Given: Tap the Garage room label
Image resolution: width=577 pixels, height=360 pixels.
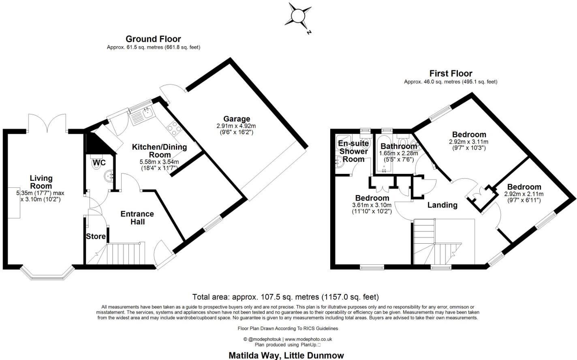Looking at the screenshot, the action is point(237,119).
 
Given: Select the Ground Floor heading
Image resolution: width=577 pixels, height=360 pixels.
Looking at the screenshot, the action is point(153,39).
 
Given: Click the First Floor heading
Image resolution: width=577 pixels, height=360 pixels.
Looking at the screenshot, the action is point(451,73).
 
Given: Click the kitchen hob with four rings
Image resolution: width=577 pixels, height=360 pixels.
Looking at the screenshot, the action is point(174,128).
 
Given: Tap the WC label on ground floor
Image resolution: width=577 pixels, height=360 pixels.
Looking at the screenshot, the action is point(99,163).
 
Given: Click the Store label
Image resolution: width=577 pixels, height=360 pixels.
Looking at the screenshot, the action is point(96,236).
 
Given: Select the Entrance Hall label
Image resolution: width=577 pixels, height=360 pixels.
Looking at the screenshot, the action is point(137,218).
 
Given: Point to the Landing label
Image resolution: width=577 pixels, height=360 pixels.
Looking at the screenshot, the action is point(442,205).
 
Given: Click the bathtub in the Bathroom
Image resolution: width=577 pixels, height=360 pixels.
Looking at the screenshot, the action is point(384,154).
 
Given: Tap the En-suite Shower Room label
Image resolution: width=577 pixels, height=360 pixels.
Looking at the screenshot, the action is point(353,151).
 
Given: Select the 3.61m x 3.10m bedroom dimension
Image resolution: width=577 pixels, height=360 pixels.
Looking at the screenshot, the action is point(372,206).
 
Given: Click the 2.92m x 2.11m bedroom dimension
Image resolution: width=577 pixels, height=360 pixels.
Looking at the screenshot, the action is point(524,194).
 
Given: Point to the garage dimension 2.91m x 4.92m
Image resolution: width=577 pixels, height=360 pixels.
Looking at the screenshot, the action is point(236,126).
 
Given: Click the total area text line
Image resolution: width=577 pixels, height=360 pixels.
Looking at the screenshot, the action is point(286,297).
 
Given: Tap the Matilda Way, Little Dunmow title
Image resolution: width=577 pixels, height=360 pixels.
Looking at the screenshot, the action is point(286,356).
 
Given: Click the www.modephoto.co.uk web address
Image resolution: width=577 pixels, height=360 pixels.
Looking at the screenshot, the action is point(308,339).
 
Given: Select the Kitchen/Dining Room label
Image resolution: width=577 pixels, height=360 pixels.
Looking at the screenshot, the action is point(160,151).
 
